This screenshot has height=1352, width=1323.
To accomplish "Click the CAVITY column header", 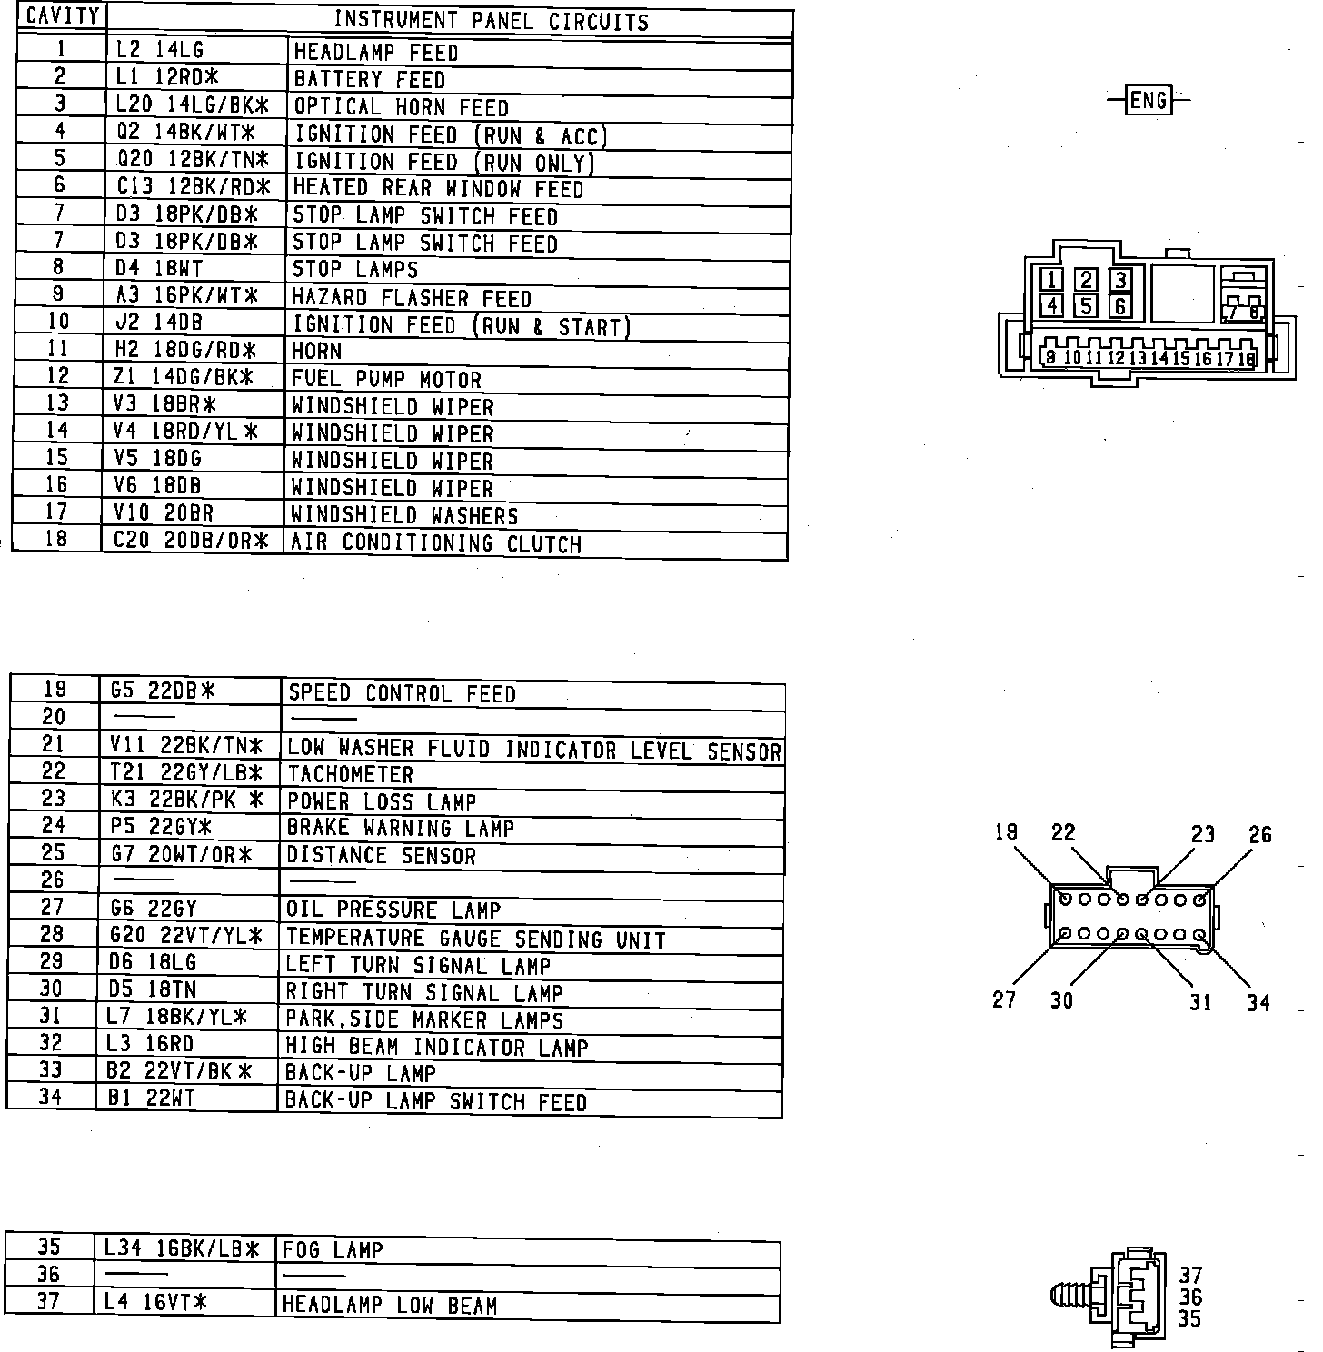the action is click(x=63, y=16).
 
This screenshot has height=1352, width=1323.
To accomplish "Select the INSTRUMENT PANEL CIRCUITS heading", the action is click(x=491, y=21).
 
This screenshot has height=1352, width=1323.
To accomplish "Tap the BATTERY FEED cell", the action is click(x=369, y=80).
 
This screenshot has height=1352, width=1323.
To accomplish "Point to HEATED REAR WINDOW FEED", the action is click(x=437, y=189).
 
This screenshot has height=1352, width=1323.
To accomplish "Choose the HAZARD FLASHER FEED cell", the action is click(x=411, y=298).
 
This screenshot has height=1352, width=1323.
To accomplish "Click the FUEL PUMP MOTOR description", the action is click(x=386, y=379).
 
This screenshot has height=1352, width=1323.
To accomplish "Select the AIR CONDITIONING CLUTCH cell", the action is click(x=435, y=543).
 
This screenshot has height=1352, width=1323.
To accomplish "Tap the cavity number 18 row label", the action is click(x=56, y=538).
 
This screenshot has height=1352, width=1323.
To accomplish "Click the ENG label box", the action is click(x=1149, y=99).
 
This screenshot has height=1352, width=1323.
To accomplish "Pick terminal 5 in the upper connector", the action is click(x=1086, y=305).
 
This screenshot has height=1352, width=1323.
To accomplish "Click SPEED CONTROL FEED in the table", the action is click(x=401, y=694).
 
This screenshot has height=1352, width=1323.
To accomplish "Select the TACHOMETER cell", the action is click(x=350, y=775).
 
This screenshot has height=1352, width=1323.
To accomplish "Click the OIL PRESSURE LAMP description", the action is click(x=393, y=910).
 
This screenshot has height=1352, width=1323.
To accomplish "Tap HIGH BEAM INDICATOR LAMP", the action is click(x=436, y=1047).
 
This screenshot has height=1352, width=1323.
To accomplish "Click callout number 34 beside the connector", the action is click(x=1258, y=1003).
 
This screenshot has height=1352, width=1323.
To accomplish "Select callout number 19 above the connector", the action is click(x=1006, y=832).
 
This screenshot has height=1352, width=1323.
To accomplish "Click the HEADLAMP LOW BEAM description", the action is click(x=390, y=1306).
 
